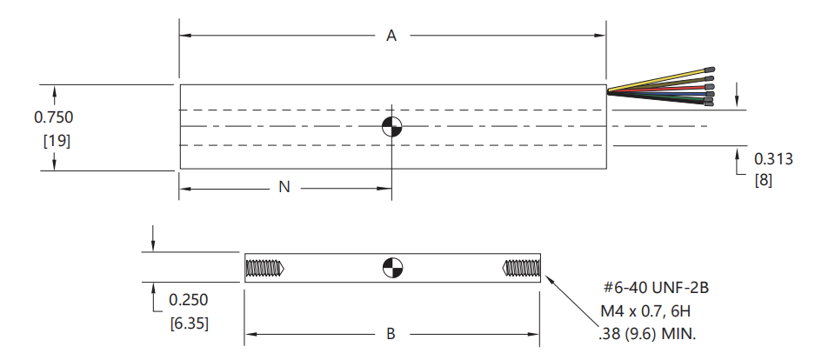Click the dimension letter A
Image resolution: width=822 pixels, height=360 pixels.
pos(391,36)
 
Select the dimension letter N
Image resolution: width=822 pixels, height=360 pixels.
pos(284,187)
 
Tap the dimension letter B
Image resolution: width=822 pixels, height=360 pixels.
pos(391,334)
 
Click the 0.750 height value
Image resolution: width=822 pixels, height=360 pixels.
pos(53,117)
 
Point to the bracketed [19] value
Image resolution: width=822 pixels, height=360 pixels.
pos(56,141)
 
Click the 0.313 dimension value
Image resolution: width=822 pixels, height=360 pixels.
pos(773,158)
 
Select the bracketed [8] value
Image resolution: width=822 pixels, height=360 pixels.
pos(764,181)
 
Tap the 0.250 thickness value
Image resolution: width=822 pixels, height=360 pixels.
pos(188,300)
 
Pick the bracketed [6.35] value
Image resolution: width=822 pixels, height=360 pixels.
pos(190,323)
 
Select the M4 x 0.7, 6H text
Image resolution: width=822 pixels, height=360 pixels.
pos(645,311)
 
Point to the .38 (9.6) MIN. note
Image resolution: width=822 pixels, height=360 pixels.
pos(647,334)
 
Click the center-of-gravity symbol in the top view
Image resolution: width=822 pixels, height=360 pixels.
pos(391,126)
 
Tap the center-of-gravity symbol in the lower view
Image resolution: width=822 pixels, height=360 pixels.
pos(392,267)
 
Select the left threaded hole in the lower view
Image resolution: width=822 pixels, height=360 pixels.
pos(264,269)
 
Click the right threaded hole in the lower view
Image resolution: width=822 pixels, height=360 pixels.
pos(521,269)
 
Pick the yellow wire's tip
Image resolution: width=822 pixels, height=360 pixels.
pos(710,70)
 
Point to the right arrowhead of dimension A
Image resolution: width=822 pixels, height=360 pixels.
pos(601,36)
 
